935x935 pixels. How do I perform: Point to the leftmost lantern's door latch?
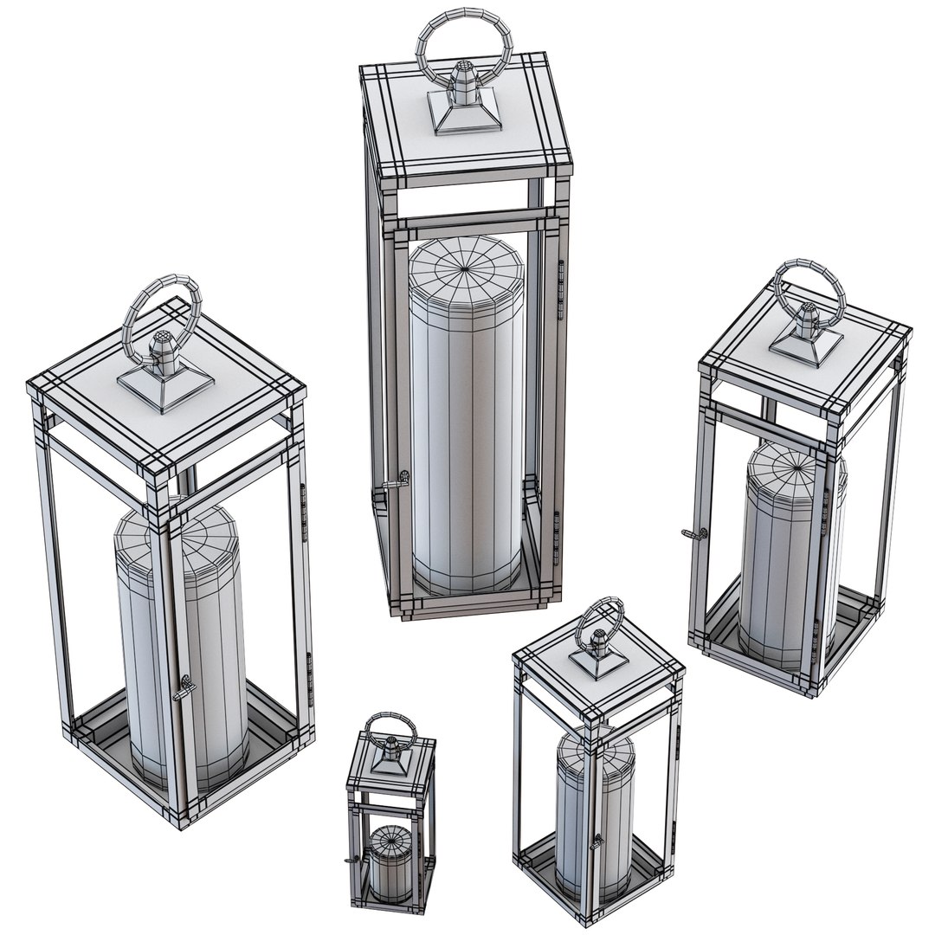tap(184, 688)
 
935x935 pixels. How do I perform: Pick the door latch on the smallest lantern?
tap(350, 860)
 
